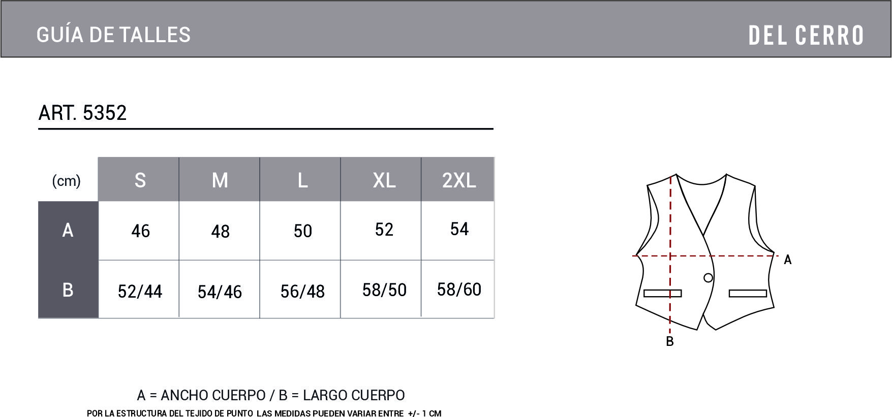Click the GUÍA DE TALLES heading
pyautogui.click(x=113, y=35)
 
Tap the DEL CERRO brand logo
pyautogui.click(x=806, y=35)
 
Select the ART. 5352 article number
pyautogui.click(x=82, y=113)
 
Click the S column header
pyautogui.click(x=140, y=180)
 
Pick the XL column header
pyautogui.click(x=384, y=180)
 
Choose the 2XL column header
pyautogui.click(x=458, y=180)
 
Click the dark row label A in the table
pyautogui.click(x=68, y=231)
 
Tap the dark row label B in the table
pyautogui.click(x=68, y=290)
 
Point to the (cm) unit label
pyautogui.click(x=67, y=181)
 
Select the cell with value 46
pyautogui.click(x=140, y=231)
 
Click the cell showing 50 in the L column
pyautogui.click(x=302, y=231)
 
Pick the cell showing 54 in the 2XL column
pyautogui.click(x=459, y=229)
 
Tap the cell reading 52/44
pyautogui.click(x=140, y=292)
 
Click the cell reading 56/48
pyautogui.click(x=302, y=292)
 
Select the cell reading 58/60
pyautogui.click(x=459, y=290)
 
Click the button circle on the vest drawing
pyautogui.click(x=708, y=278)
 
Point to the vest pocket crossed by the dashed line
pyautogui.click(x=662, y=293)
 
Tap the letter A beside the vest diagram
pyautogui.click(x=787, y=260)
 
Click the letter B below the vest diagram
pyautogui.click(x=669, y=342)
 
